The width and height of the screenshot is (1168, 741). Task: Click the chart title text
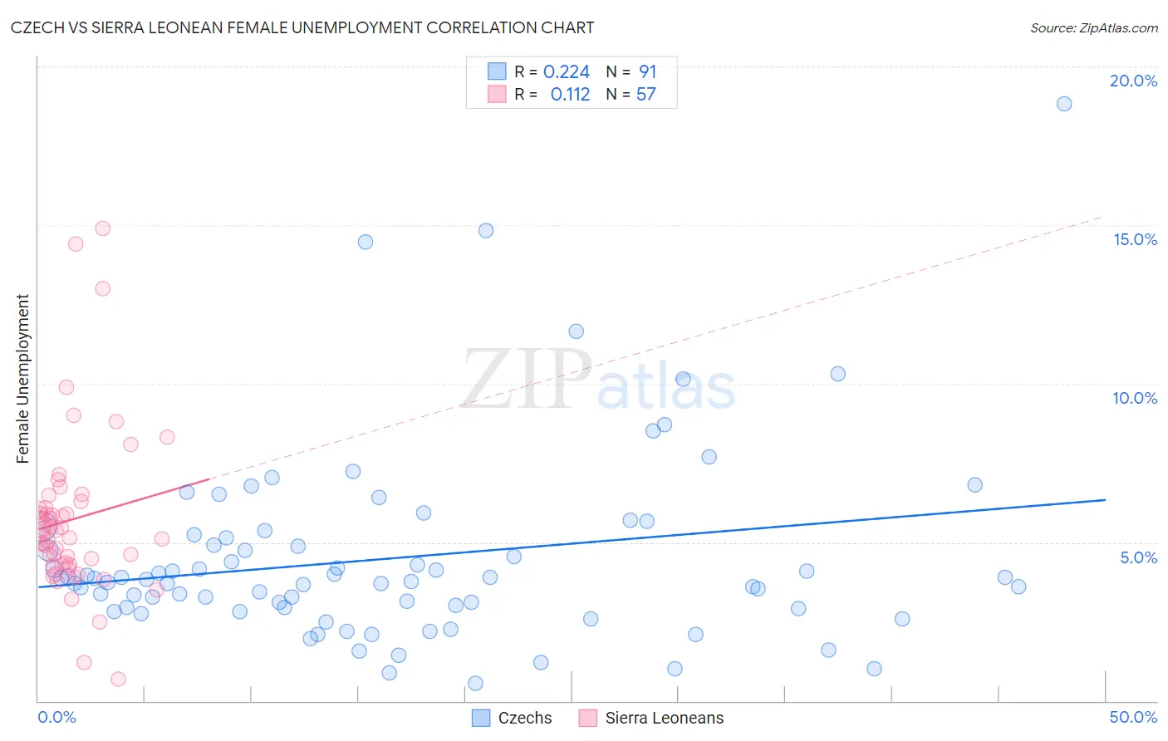(x=302, y=27)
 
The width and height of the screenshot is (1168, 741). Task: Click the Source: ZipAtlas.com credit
(x=1093, y=27)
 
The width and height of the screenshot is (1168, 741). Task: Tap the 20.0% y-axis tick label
(x=1133, y=81)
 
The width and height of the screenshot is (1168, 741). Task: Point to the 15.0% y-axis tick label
(x=1135, y=239)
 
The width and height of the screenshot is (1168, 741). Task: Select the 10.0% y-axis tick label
(x=1135, y=398)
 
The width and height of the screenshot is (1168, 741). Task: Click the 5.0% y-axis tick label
(x=1138, y=557)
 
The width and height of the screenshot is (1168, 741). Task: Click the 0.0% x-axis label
(x=56, y=717)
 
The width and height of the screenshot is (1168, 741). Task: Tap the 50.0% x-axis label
(x=1133, y=717)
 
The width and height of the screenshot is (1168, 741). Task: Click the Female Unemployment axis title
(x=22, y=379)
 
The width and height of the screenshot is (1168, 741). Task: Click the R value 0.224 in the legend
(x=567, y=72)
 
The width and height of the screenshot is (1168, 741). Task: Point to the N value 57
(x=645, y=95)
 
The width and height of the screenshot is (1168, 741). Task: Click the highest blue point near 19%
(x=1064, y=104)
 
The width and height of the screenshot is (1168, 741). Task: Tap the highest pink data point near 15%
(x=103, y=228)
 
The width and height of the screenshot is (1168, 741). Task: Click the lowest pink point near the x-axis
(x=118, y=679)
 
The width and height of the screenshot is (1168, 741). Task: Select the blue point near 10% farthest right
(x=837, y=374)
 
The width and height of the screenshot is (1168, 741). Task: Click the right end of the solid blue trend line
(x=1105, y=500)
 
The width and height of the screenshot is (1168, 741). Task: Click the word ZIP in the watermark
(x=526, y=380)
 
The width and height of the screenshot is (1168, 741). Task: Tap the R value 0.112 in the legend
(x=570, y=95)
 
